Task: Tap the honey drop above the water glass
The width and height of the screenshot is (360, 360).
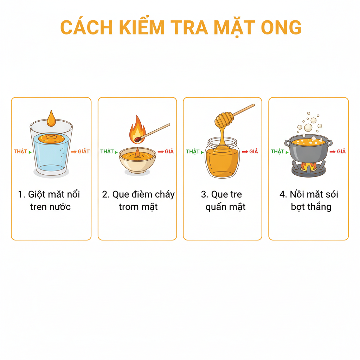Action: (51, 119)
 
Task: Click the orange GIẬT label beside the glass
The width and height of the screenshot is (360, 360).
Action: (84, 152)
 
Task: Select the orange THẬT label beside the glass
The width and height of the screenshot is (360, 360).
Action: (20, 152)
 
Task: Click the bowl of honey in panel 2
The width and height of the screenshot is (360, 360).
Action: (137, 160)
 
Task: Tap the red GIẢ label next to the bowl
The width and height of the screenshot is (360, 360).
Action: (170, 152)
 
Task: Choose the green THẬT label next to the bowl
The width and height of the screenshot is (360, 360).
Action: (107, 152)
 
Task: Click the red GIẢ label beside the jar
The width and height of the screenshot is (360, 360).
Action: (254, 152)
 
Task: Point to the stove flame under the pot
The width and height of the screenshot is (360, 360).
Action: (308, 166)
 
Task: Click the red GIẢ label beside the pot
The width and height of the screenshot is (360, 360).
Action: (341, 152)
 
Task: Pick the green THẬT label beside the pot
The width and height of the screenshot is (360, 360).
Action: (277, 152)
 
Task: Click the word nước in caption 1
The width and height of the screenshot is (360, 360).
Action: (59, 207)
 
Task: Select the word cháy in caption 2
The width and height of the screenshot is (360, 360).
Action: (162, 194)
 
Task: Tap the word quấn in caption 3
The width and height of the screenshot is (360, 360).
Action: (217, 207)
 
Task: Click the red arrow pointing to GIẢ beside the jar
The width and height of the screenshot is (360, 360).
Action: (245, 152)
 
